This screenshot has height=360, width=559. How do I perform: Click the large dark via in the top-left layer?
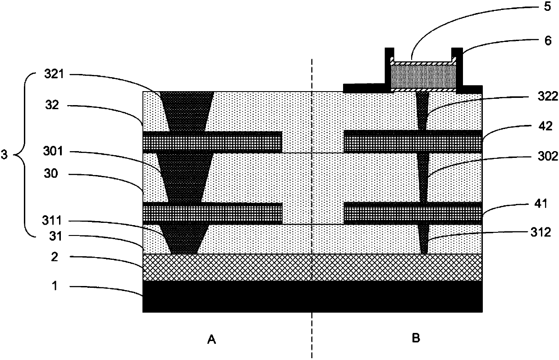coord(187,108)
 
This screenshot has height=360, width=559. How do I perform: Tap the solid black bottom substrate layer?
coord(312,296)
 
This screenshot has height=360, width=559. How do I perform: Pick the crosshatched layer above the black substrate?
coord(312,267)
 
